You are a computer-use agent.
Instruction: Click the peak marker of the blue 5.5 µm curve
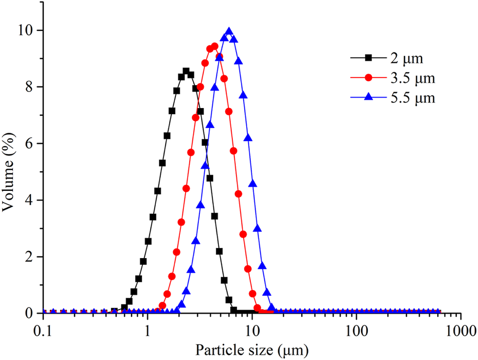click(x=229, y=32)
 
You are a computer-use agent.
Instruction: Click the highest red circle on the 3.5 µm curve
click(x=214, y=47)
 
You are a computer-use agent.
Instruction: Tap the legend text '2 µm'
click(x=406, y=59)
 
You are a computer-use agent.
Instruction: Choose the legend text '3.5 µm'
click(x=410, y=79)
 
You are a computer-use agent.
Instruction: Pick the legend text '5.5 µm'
click(x=410, y=99)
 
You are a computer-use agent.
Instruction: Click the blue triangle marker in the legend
click(x=368, y=98)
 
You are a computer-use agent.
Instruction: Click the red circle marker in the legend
click(x=368, y=78)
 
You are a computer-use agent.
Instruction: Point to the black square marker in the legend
click(x=368, y=58)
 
